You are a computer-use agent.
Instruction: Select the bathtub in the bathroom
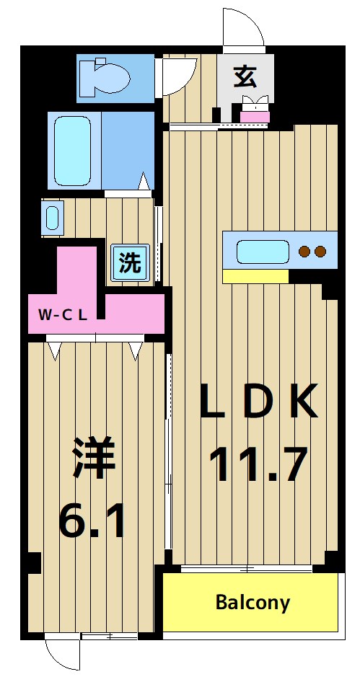coord(72,151)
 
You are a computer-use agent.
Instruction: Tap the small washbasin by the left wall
coord(52,217)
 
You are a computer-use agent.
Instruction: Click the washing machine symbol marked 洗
coord(131,262)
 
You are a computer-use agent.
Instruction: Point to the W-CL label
coord(63,314)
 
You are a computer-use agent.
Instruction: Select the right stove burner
coord(320,252)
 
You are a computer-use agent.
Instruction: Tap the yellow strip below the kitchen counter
coord(255,276)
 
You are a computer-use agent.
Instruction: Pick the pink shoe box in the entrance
coord(255,115)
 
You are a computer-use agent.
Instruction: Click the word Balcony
coord(253,603)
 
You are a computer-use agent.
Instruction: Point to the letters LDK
coord(258,402)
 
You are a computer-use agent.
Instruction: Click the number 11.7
coord(258,464)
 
